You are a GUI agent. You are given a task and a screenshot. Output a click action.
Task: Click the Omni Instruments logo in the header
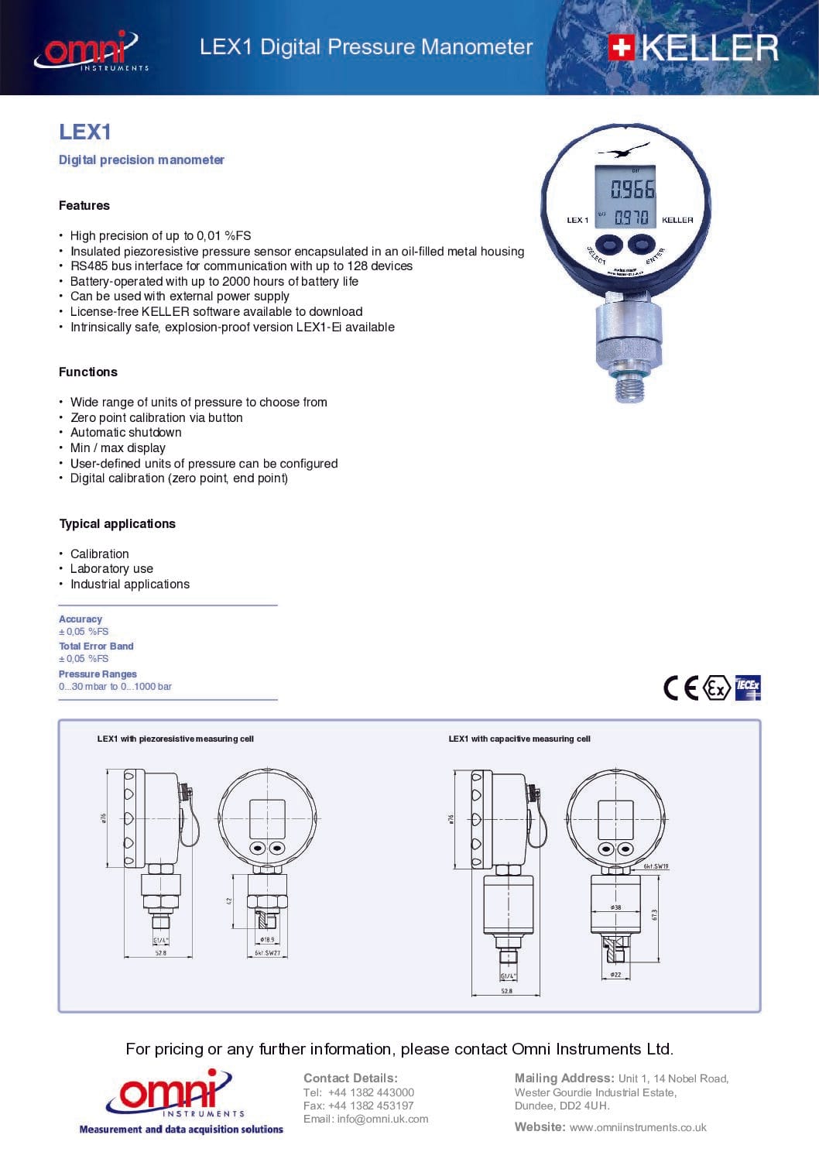tap(91, 51)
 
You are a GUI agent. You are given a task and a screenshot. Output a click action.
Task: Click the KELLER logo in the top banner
tap(693, 48)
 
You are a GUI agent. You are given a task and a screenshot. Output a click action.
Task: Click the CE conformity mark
tap(680, 688)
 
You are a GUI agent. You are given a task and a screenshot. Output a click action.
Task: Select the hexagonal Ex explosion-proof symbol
tap(718, 688)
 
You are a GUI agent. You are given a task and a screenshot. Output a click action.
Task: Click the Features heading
tap(84, 205)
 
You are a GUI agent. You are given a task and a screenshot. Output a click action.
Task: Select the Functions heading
tap(88, 372)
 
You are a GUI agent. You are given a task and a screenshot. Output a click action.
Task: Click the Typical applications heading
tap(118, 523)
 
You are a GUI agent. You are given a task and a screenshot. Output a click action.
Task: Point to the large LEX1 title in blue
tap(85, 132)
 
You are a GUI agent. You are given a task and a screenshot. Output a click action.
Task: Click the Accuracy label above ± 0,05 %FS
tap(81, 619)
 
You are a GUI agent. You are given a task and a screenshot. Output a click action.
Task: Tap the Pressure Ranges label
tap(98, 674)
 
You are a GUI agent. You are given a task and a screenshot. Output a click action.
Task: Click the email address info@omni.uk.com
tap(382, 1119)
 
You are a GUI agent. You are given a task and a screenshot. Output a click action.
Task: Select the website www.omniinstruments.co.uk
tap(638, 1127)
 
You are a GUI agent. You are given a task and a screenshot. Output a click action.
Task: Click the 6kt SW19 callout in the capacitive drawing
tap(656, 866)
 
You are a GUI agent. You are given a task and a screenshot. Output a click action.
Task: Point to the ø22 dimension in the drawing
tap(615, 975)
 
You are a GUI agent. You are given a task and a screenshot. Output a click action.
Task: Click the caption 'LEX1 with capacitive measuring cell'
tap(519, 739)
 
